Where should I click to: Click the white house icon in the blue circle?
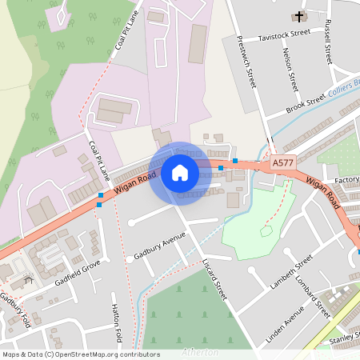click(180, 172)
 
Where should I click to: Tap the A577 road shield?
click(282, 162)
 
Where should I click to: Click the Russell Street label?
click(327, 42)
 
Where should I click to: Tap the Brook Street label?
click(306, 101)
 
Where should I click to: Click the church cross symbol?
click(300, 16)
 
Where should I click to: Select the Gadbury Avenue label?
click(160, 240)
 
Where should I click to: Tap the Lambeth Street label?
click(292, 274)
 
